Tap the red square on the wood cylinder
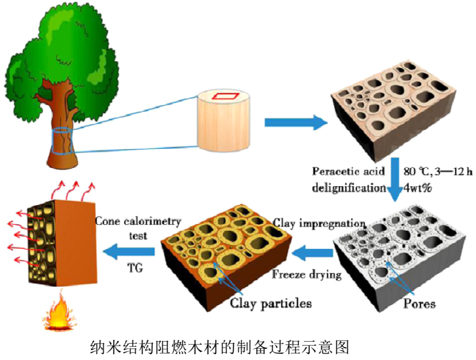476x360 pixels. click(x=227, y=96)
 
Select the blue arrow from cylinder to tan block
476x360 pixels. click(x=294, y=122)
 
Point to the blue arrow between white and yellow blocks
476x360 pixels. click(x=312, y=250)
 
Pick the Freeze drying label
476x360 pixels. click(x=307, y=274)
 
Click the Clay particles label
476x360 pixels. click(x=271, y=303)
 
